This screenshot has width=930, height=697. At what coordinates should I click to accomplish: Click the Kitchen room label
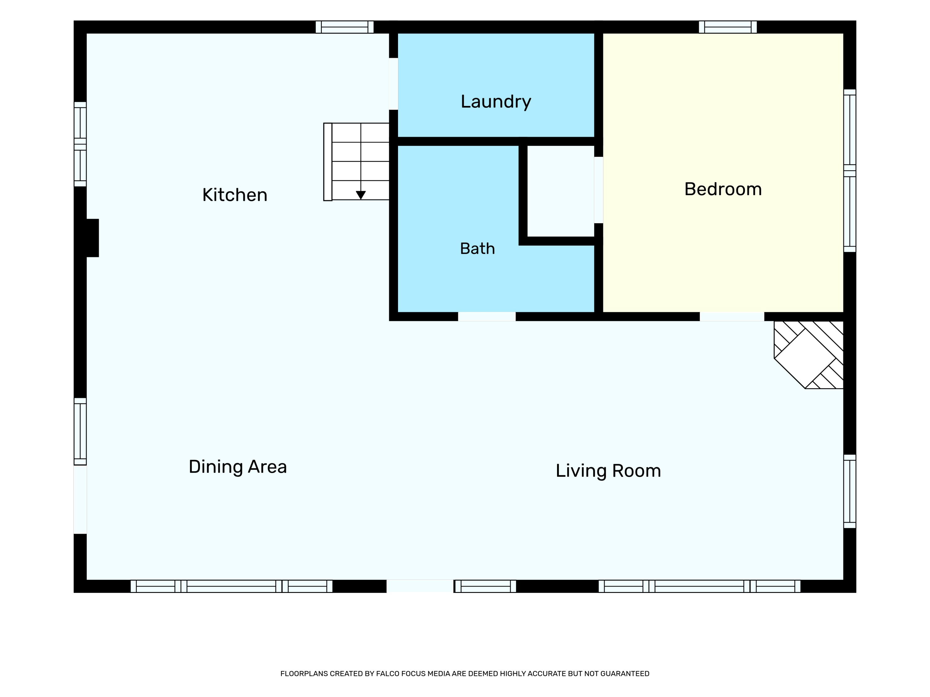coord(235,195)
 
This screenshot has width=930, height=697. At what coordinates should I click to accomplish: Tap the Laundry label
coord(496,102)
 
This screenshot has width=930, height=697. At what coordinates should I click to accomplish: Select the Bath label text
coord(477,249)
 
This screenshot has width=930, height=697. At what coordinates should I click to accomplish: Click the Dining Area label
coord(237,467)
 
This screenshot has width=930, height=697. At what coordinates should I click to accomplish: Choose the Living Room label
coord(608,471)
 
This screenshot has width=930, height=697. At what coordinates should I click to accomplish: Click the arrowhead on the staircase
coord(361,195)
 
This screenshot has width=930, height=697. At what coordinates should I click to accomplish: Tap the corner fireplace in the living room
coord(808,355)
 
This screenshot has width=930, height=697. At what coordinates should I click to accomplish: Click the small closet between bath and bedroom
coord(560,191)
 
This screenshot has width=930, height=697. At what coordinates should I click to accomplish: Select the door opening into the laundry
coord(393,84)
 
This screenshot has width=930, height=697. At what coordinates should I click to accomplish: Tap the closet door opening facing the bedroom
coord(599,190)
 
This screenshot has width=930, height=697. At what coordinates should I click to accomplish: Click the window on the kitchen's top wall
coord(345,27)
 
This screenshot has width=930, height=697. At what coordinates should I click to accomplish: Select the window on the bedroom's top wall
coord(728,27)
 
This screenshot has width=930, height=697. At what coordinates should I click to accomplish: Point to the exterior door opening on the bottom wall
coord(420,586)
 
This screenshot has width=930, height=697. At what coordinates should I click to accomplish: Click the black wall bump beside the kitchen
coord(92,238)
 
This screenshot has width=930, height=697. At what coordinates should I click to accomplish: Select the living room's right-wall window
coord(850,491)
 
